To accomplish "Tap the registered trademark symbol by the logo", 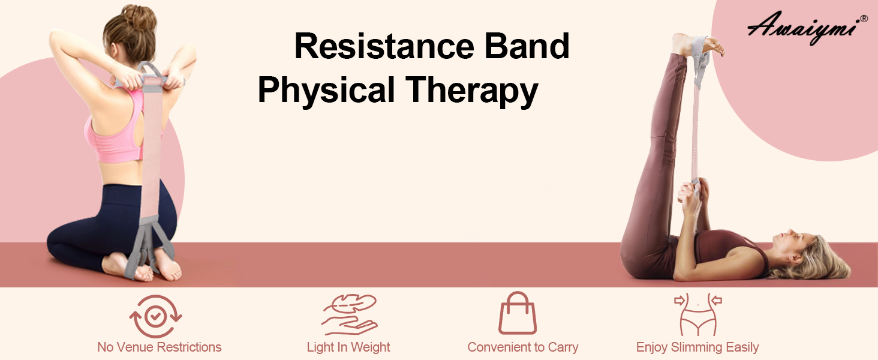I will tap(864, 19).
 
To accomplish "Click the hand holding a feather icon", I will tap(348, 314).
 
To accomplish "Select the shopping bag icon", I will tap(518, 313).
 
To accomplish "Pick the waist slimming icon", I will tap(697, 314).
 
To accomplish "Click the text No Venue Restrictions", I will tap(159, 347).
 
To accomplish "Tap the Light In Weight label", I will tap(348, 347).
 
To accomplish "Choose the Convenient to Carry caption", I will tap(522, 347).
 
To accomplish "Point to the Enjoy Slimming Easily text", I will tap(697, 347).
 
